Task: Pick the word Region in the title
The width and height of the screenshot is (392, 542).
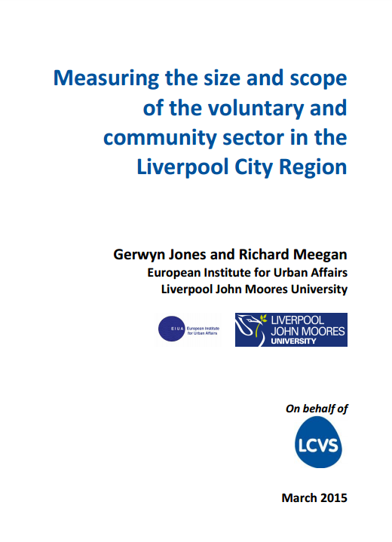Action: pyautogui.click(x=313, y=167)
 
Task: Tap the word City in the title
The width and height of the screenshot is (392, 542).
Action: pyautogui.click(x=253, y=167)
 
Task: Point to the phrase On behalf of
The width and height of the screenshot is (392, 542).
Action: pyautogui.click(x=316, y=409)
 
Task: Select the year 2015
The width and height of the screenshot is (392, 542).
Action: pyautogui.click(x=334, y=498)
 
